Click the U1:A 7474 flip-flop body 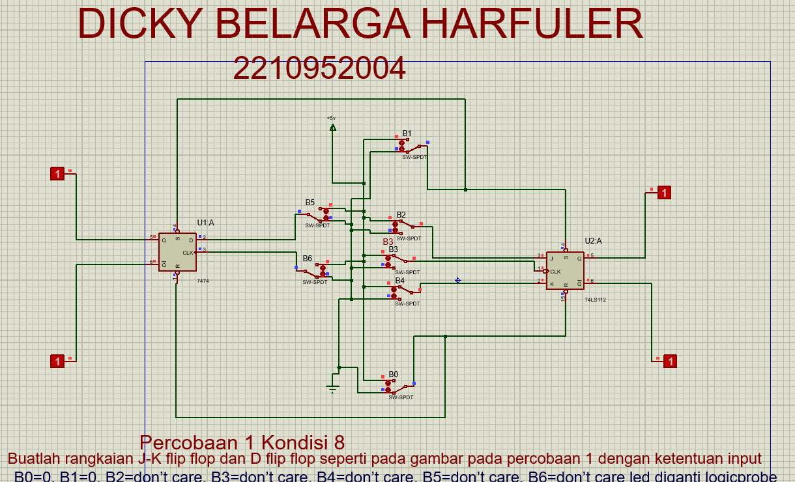(177, 252)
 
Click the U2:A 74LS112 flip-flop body (565, 270)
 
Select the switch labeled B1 (411, 147)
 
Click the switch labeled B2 (404, 225)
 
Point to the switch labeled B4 (404, 291)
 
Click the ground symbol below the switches (333, 389)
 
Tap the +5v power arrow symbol (332, 128)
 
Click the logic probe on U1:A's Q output (58, 173)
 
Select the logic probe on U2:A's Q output (663, 192)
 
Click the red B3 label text (388, 242)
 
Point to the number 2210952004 (319, 68)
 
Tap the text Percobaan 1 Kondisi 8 (242, 442)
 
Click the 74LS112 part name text (595, 300)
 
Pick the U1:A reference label (205, 223)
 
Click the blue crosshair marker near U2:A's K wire (457, 280)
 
